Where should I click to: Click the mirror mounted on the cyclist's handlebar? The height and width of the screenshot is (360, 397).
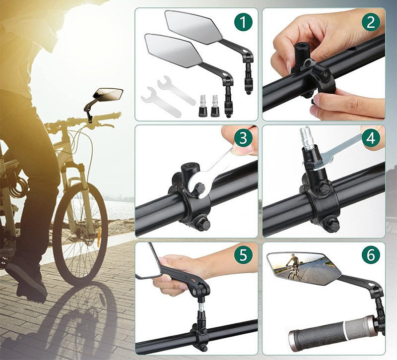pos(109,93)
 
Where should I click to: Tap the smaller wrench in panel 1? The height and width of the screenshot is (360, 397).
pos(160,101)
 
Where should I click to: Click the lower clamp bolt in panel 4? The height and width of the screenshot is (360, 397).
pos(330,225)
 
